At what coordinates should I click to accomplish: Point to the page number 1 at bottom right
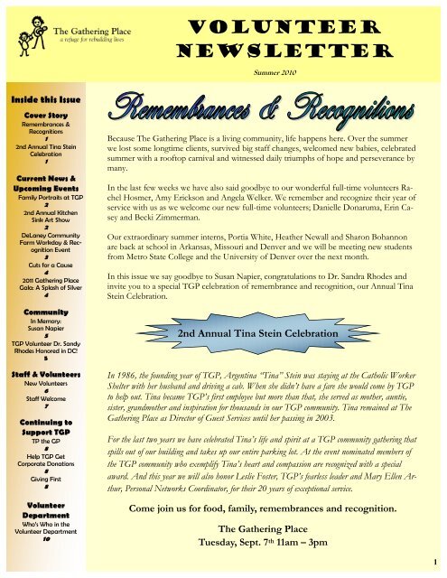[x=438, y=567]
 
